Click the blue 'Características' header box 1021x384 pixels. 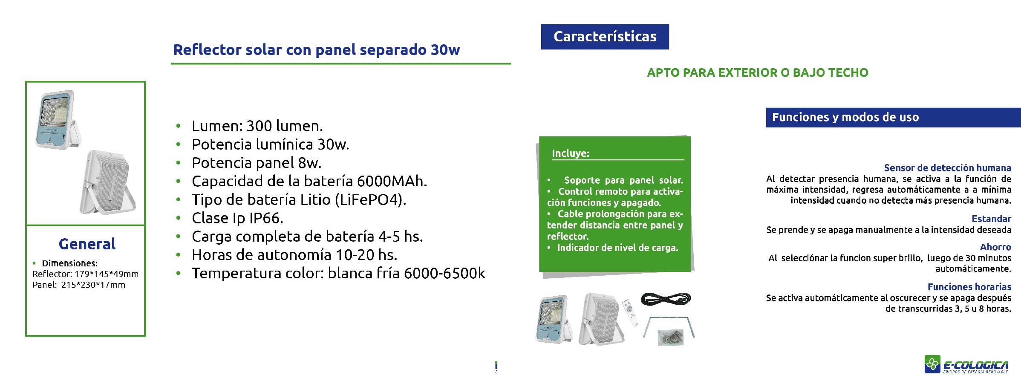tap(605, 37)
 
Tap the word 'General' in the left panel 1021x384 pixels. tap(87, 244)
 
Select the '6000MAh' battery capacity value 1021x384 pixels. tap(392, 181)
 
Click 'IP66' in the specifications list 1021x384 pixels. tap(266, 218)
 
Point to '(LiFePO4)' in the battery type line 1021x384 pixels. tap(371, 200)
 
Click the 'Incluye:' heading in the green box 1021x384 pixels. tap(571, 153)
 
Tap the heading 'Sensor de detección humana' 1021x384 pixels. tap(947, 168)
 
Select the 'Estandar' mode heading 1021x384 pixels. tap(991, 219)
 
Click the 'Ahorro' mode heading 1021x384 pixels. tap(995, 247)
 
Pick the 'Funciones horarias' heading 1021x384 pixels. tap(969, 287)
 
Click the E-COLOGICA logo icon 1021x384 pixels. tap(932, 364)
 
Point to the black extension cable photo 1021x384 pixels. tap(666, 298)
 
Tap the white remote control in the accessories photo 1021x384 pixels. tap(630, 313)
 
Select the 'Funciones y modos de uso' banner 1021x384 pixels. tap(893, 117)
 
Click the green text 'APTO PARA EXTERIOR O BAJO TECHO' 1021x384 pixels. tap(757, 73)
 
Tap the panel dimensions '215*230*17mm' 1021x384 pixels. tap(93, 285)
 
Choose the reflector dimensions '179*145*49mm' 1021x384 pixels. tap(107, 274)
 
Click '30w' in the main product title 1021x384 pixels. tap(445, 50)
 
